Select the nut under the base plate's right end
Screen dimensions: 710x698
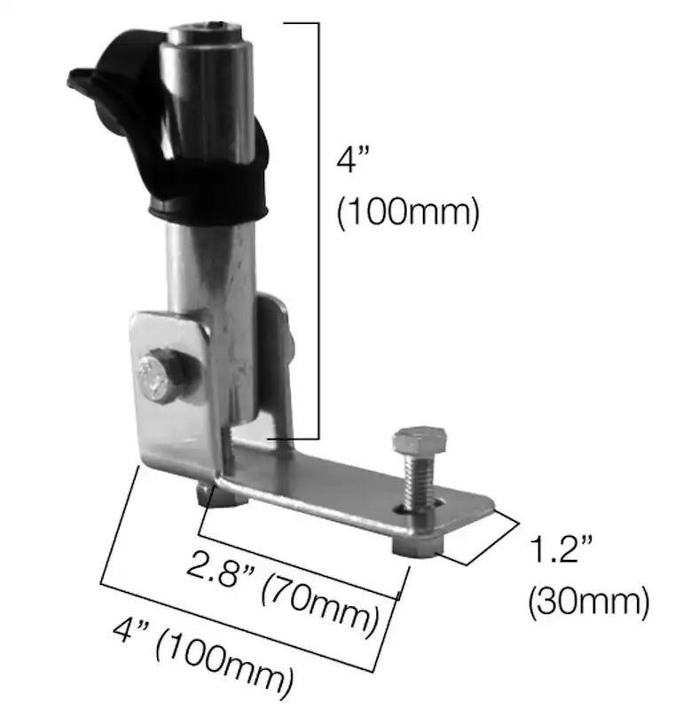(415, 548)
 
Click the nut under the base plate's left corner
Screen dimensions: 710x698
(220, 494)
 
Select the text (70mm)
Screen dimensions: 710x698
(325, 596)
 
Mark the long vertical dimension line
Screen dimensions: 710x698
(317, 231)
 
